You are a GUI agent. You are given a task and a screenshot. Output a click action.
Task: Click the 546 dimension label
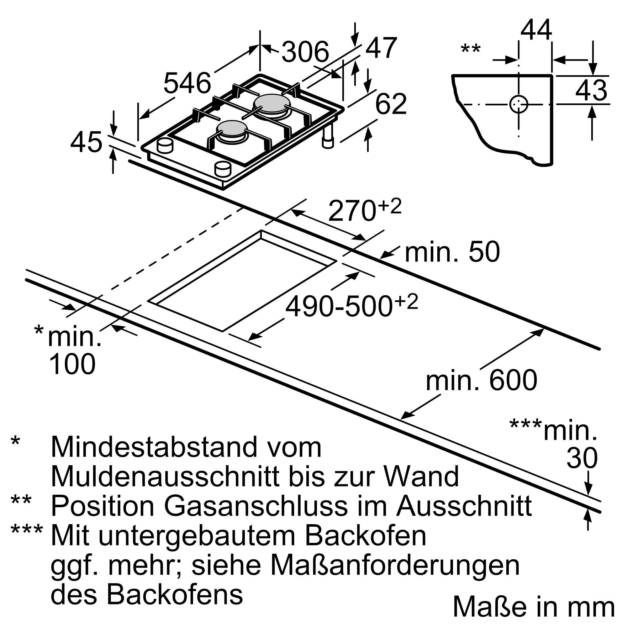tap(187, 83)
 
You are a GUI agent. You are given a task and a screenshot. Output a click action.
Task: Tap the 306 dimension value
tap(305, 52)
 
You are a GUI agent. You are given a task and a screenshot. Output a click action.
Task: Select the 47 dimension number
tap(381, 48)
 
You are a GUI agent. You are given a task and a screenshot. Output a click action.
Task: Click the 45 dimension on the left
tap(86, 142)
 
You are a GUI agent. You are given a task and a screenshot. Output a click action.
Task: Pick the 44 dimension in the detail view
tap(536, 30)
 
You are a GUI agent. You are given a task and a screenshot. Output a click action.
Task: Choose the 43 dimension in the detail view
tap(591, 90)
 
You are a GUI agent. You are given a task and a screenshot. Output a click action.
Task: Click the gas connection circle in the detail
tap(519, 104)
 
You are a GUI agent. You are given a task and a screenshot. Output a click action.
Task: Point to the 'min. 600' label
tap(481, 380)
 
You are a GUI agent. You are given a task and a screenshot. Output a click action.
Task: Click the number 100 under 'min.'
tap(72, 364)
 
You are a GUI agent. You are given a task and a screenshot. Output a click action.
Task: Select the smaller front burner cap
tap(232, 128)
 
